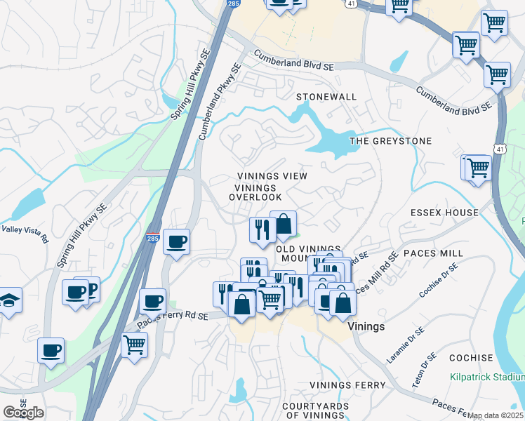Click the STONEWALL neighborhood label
coord(326,96)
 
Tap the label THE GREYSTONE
coord(391,141)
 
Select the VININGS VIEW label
coord(272,176)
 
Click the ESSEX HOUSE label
coord(446,213)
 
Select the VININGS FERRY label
coord(348,385)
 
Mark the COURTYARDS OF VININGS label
coord(314,410)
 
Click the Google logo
coord(23,413)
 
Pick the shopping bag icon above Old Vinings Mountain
coord(284,225)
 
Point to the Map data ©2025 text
coord(496,415)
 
